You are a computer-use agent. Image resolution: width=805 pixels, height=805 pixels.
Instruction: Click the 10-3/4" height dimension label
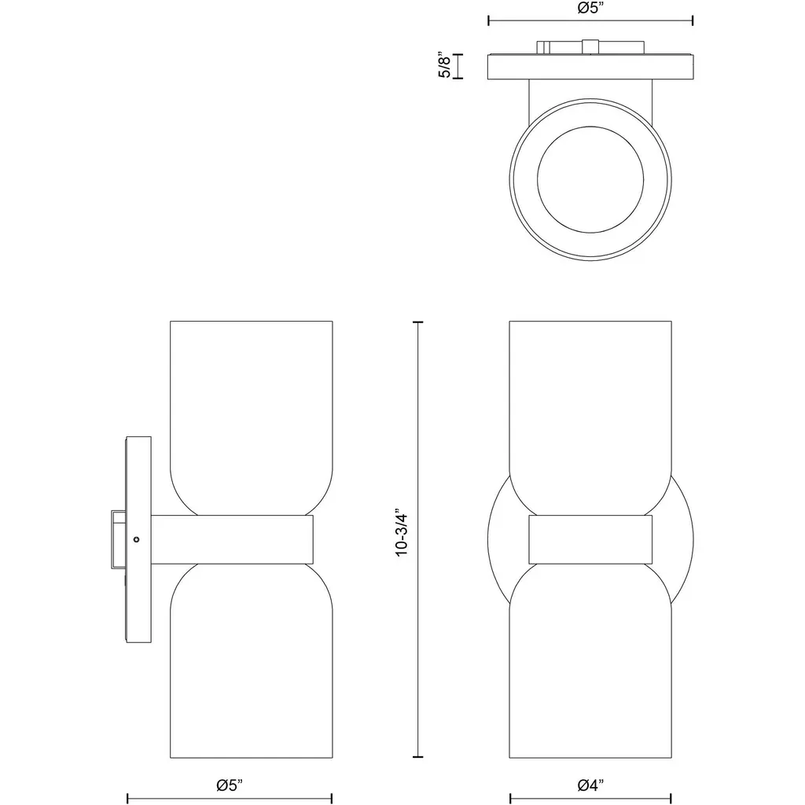pyautogui.click(x=402, y=534)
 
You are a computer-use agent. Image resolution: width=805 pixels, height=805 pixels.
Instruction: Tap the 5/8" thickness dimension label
pyautogui.click(x=445, y=64)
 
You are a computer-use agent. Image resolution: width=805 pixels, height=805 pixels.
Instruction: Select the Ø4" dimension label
pyautogui.click(x=590, y=785)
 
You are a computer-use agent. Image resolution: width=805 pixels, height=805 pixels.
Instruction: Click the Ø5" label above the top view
pyautogui.click(x=590, y=8)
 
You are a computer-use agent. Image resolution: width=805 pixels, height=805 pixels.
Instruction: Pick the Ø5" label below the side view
pyautogui.click(x=230, y=785)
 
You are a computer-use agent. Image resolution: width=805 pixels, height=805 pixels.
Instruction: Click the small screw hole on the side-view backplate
pyautogui.click(x=136, y=539)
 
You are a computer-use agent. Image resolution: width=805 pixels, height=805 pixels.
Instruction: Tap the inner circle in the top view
pyautogui.click(x=590, y=179)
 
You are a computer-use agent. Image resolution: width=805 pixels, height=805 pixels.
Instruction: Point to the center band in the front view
pyautogui.click(x=590, y=539)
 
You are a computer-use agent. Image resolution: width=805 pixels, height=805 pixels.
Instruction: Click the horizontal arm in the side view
pyautogui.click(x=232, y=539)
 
